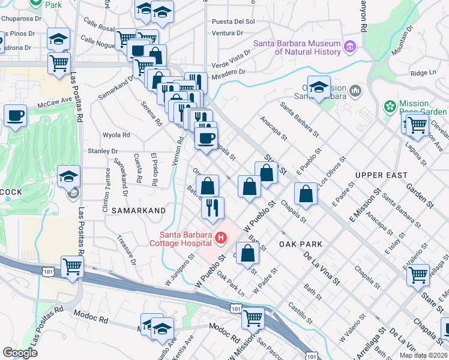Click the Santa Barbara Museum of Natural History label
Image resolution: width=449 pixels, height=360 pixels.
(297, 47)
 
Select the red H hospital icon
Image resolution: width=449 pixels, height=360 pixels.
(221, 238)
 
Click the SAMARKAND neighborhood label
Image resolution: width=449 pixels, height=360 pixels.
(137, 211)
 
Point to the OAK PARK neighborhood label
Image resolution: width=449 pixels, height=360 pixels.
(301, 244)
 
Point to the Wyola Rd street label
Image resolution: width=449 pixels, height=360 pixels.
(116, 135)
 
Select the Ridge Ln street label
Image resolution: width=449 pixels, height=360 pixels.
(423, 73)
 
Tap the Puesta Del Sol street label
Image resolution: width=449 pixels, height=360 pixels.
(234, 22)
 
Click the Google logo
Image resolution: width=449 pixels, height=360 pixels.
(20, 352)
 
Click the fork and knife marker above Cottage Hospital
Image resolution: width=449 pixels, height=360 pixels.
(212, 208)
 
